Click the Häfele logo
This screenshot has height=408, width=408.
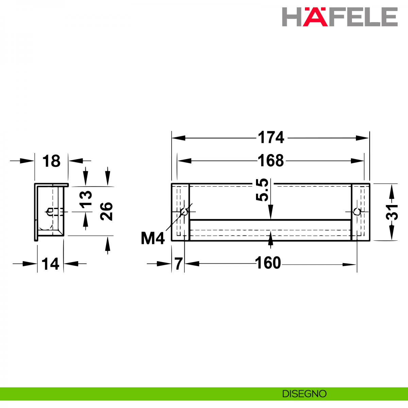pos(340,17)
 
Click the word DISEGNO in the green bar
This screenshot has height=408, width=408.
pos(304,394)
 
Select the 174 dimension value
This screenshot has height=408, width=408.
pos(271,138)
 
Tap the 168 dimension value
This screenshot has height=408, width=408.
pos(271,160)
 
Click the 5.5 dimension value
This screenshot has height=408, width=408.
pos(262,190)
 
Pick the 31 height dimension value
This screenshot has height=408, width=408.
pos(392,212)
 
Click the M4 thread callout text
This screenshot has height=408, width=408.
pos(153,238)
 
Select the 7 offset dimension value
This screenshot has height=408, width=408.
pos(178,263)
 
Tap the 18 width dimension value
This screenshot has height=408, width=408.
pos(51,161)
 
